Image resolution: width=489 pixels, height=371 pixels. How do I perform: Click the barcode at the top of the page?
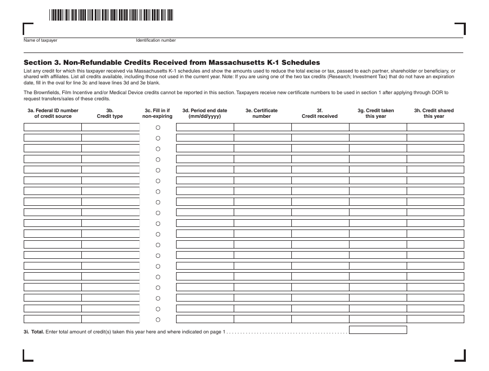point(111,15)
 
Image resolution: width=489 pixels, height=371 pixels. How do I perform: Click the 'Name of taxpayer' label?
point(40,40)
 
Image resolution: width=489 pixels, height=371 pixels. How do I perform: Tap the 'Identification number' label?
point(155,40)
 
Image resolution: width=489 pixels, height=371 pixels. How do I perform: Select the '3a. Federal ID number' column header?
point(53,113)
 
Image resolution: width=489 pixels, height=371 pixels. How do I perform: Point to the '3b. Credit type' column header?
point(110,113)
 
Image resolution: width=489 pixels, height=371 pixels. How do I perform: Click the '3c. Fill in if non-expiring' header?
point(158,113)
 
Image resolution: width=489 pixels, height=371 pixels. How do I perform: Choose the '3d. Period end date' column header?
point(204,113)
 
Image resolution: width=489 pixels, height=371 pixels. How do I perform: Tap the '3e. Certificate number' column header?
point(261,113)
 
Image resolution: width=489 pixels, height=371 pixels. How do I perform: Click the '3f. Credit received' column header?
point(320,113)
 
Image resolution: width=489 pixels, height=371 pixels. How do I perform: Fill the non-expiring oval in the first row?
point(158,127)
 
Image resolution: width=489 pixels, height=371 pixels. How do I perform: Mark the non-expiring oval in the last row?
point(158,319)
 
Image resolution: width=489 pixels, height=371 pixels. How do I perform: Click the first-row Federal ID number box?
point(53,127)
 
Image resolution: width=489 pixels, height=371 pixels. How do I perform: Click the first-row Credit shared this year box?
point(435,127)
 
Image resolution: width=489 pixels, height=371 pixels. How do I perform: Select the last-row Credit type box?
point(110,319)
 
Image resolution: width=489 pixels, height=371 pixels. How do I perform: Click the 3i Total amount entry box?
point(378,330)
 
